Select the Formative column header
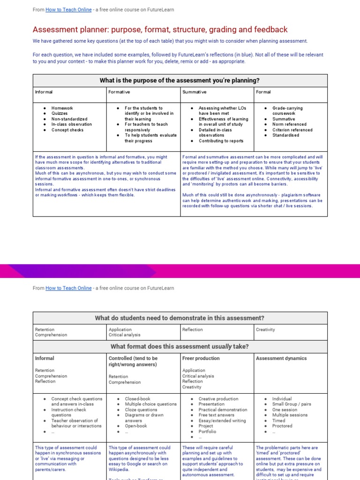point(119,92)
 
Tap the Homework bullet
point(62,108)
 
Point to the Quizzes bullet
point(60,113)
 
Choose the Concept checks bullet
point(67,130)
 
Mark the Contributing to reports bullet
point(221,141)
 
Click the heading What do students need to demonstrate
point(180,318)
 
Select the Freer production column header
point(201,358)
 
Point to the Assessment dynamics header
point(281,358)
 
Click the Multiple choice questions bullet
point(150,404)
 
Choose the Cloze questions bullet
point(141,410)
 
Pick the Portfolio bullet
point(207,431)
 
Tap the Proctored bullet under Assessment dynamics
point(282,426)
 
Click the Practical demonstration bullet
point(223,410)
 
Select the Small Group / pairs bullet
point(292,404)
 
